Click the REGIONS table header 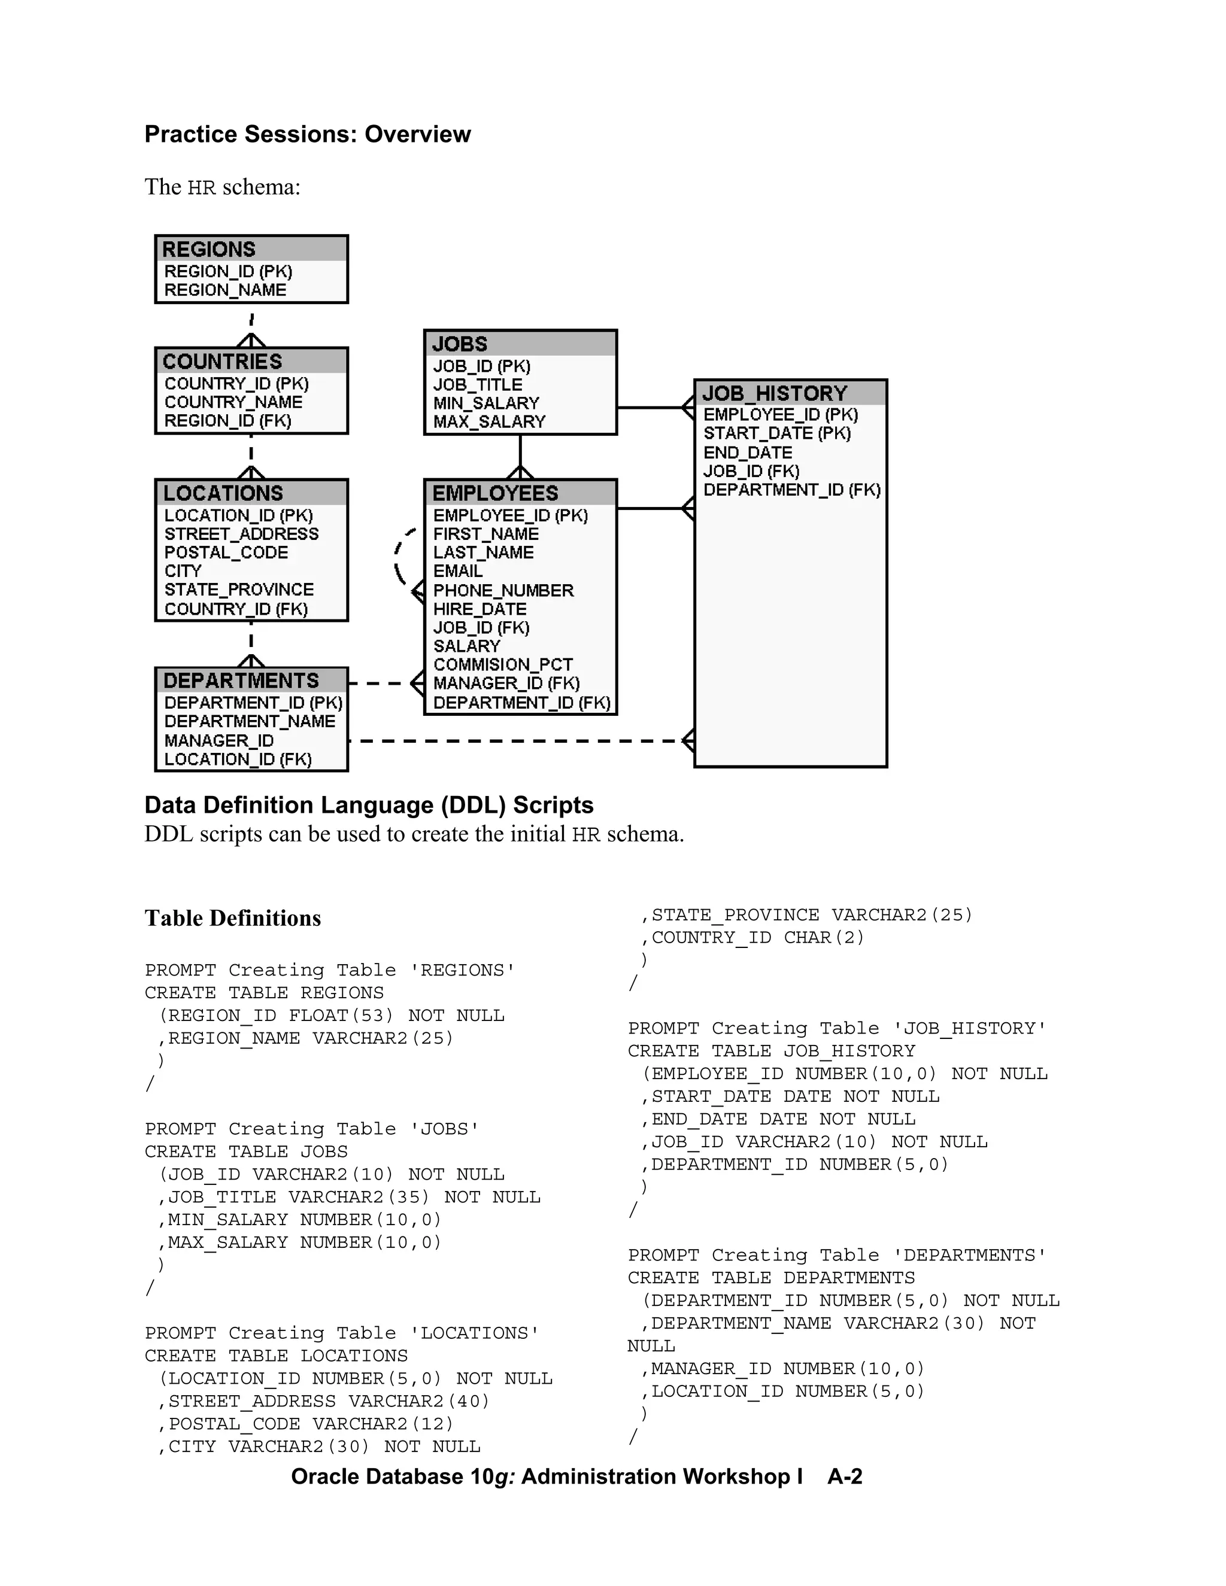click(209, 249)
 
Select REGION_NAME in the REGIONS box click(225, 290)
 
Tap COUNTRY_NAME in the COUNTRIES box click(233, 402)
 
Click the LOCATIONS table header click(223, 493)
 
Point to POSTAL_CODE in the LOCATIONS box click(226, 552)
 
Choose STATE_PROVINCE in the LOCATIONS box click(239, 590)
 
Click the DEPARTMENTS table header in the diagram click(241, 680)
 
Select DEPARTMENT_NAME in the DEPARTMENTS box click(250, 722)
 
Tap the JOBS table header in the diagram click(460, 344)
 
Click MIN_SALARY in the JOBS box click(486, 403)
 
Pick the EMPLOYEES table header click(495, 493)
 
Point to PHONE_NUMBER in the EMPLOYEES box click(503, 590)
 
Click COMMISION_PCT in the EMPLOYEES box click(503, 665)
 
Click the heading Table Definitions click(232, 919)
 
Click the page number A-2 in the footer click(845, 1476)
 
